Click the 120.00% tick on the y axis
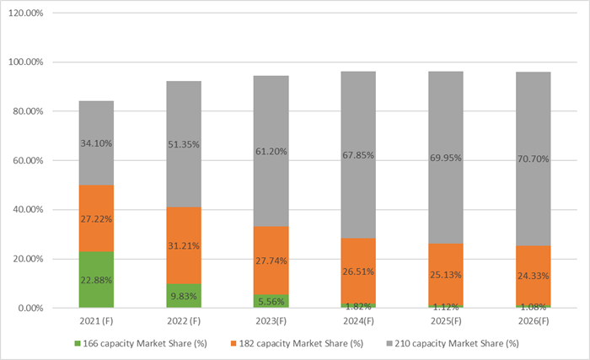[x=29, y=13]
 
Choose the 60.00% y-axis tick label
[x=32, y=160]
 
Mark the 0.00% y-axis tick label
[x=35, y=308]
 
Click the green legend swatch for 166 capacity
[x=76, y=343]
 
